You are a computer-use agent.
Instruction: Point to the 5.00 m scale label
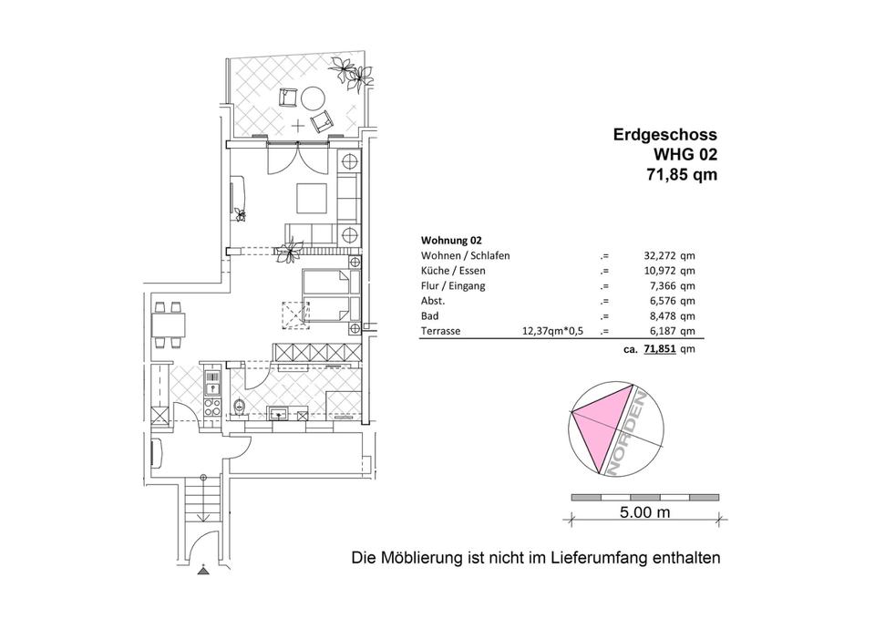coord(644,512)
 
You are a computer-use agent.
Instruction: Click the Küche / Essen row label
coord(453,271)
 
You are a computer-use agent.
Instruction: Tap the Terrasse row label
coord(440,332)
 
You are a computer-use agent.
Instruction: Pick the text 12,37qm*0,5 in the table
coord(549,332)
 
